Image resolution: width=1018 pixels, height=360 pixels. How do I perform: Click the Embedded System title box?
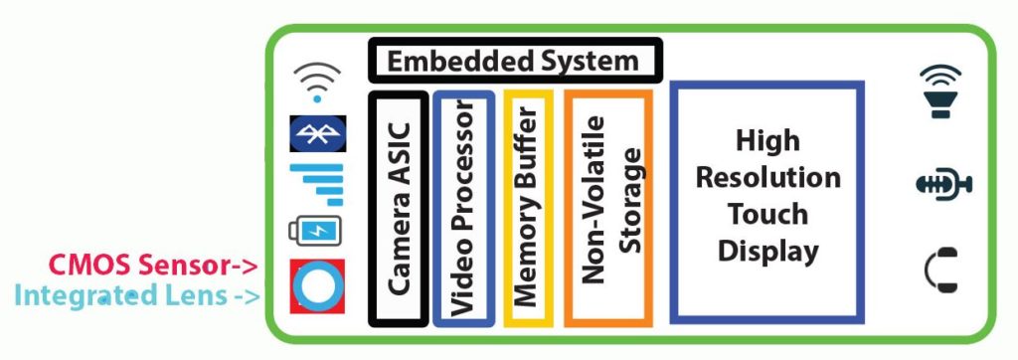pos(513,61)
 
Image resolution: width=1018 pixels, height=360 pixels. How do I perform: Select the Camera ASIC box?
pos(399,208)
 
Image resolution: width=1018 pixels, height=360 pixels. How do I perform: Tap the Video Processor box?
pos(463,208)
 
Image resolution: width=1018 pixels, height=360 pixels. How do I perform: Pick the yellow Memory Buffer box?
pos(528,208)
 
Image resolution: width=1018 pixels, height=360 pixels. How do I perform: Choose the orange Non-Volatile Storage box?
pos(608,208)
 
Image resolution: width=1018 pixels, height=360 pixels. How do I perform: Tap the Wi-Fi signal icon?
pos(317,83)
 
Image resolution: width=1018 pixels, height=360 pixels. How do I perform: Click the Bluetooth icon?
pos(317,133)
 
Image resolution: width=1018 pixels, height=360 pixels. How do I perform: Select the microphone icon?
pos(940,183)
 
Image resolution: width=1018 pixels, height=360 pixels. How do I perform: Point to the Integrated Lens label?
pos(119,294)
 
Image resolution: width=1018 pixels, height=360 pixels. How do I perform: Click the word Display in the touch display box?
pos(766,250)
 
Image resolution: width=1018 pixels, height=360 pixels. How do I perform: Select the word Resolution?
pos(766,178)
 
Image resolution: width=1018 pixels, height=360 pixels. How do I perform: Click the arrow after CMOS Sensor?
pos(242,266)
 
